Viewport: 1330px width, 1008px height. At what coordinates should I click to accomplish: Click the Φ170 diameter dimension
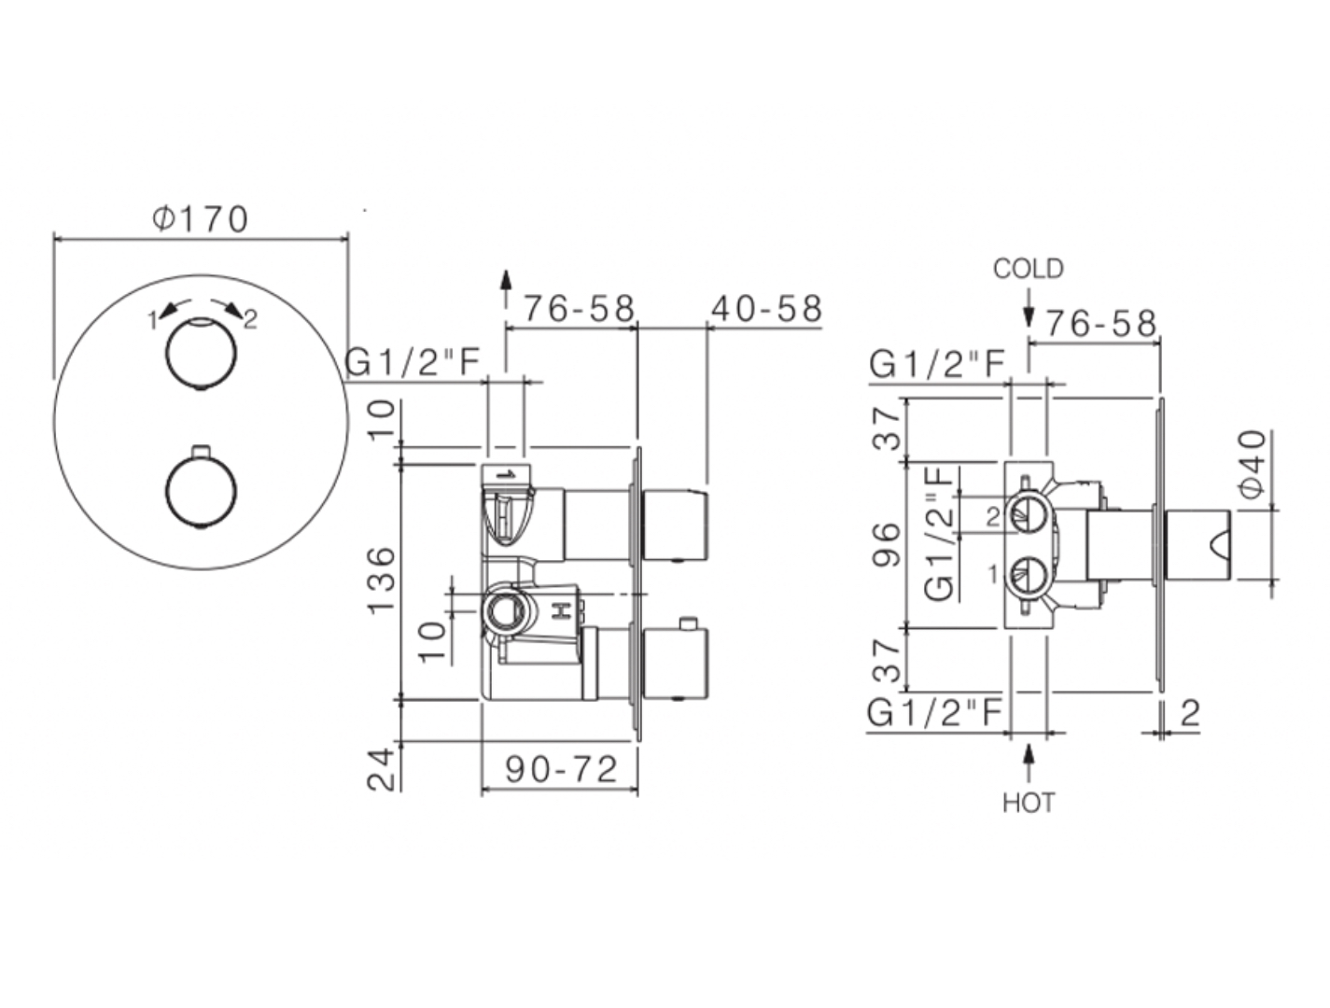click(x=200, y=219)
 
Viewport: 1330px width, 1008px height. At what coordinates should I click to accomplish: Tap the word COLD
click(x=1028, y=269)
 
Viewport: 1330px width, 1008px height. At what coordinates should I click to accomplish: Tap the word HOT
click(x=1029, y=804)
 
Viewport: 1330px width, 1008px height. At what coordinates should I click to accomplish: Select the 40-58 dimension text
click(x=766, y=309)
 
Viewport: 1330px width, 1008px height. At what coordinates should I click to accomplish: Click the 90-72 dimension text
click(x=561, y=770)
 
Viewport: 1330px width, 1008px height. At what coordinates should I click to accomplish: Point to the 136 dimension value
click(x=382, y=581)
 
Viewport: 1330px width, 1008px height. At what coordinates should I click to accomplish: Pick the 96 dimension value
click(x=887, y=544)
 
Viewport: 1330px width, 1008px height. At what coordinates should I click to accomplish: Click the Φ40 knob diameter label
click(x=1252, y=464)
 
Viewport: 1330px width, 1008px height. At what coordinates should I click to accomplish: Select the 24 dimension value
click(x=382, y=771)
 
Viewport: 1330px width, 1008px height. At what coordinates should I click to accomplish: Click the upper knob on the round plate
click(x=201, y=355)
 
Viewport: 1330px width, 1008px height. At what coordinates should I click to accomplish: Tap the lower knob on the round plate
click(x=201, y=492)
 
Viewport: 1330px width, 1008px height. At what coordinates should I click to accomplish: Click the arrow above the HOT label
click(x=1029, y=763)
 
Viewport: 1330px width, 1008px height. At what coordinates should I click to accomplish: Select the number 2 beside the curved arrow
click(x=250, y=320)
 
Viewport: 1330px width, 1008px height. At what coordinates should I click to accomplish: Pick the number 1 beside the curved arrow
click(x=153, y=320)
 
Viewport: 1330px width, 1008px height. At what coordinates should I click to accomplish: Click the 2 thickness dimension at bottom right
click(x=1190, y=714)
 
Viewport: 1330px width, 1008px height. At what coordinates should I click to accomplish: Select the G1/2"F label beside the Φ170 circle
click(x=413, y=362)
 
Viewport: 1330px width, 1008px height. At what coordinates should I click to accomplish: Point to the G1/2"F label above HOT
click(x=935, y=714)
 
